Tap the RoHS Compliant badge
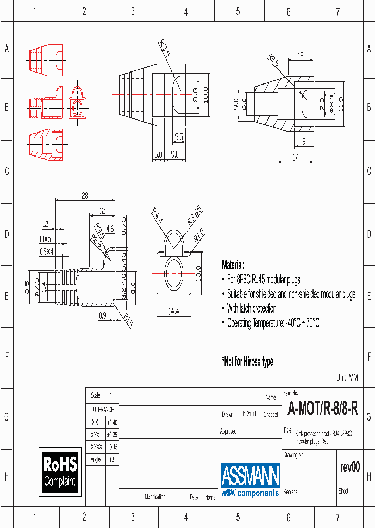click(60, 471)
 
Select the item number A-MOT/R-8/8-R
click(323, 409)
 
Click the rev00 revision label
click(349, 467)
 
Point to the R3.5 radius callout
click(164, 51)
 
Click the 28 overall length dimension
click(84, 196)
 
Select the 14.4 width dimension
click(173, 311)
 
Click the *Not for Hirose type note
click(247, 362)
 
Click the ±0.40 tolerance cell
click(112, 422)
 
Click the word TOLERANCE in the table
click(102, 410)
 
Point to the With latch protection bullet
click(252, 308)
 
